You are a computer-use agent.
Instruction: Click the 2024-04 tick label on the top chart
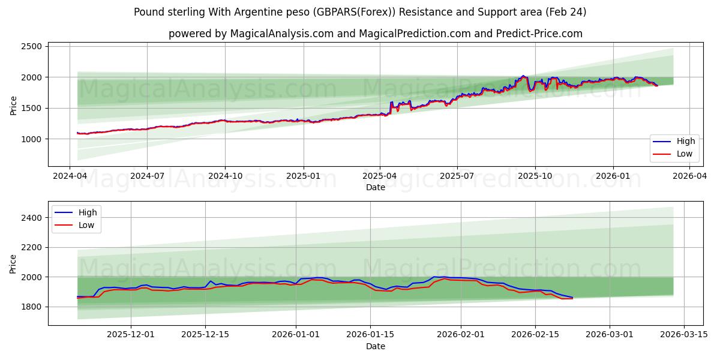70,176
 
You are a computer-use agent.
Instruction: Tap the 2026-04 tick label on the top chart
689,176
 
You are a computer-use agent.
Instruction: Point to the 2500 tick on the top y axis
31,47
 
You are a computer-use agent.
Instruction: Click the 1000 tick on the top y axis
31,139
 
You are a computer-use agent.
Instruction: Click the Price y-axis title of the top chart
14,105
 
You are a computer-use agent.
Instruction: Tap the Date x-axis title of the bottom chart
376,346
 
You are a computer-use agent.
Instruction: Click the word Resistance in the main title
440,12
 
